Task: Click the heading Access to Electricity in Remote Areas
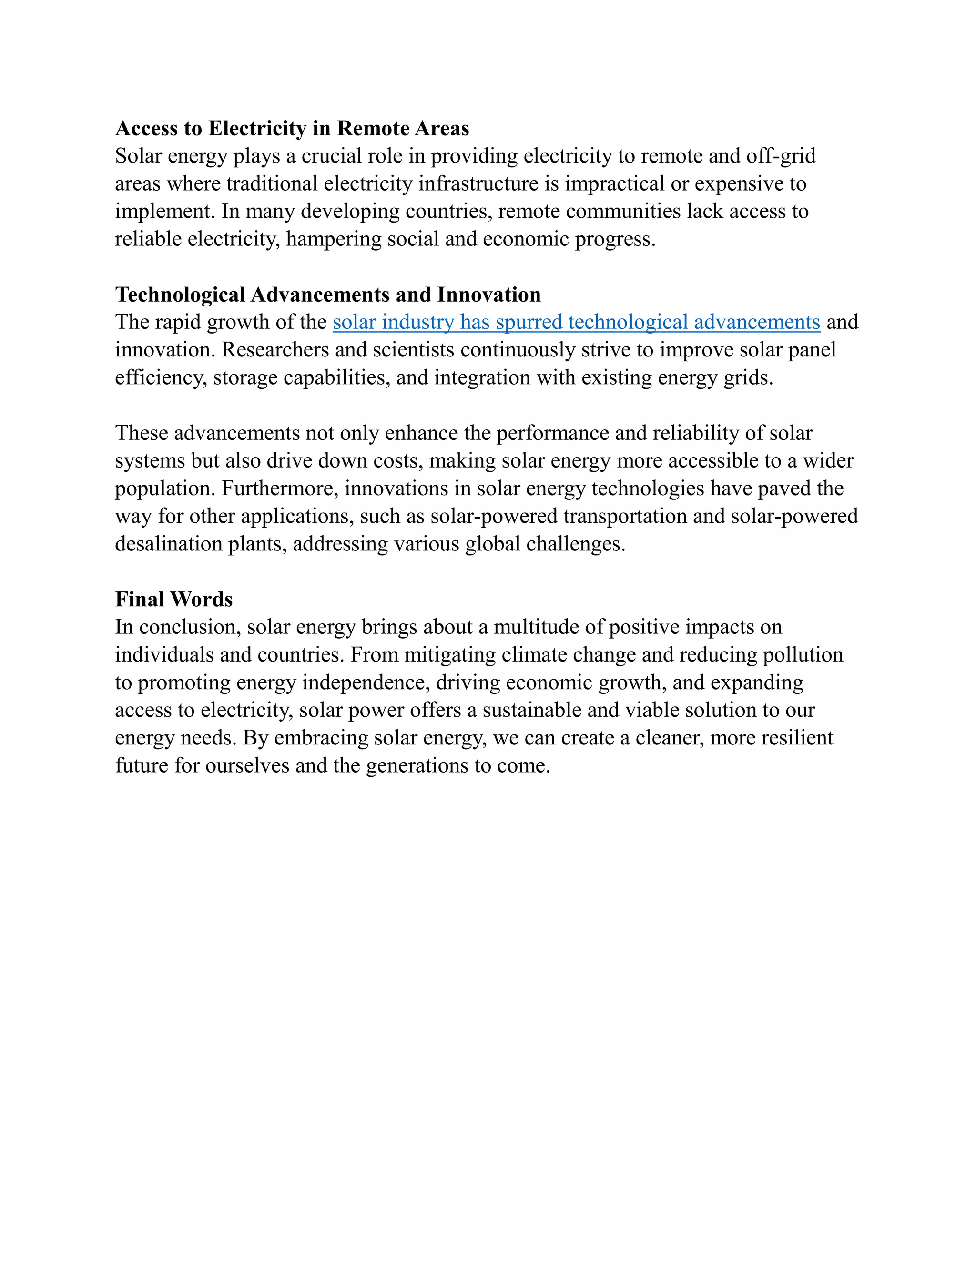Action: coord(292,128)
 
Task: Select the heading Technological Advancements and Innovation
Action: coord(328,295)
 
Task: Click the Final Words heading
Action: coord(173,600)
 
